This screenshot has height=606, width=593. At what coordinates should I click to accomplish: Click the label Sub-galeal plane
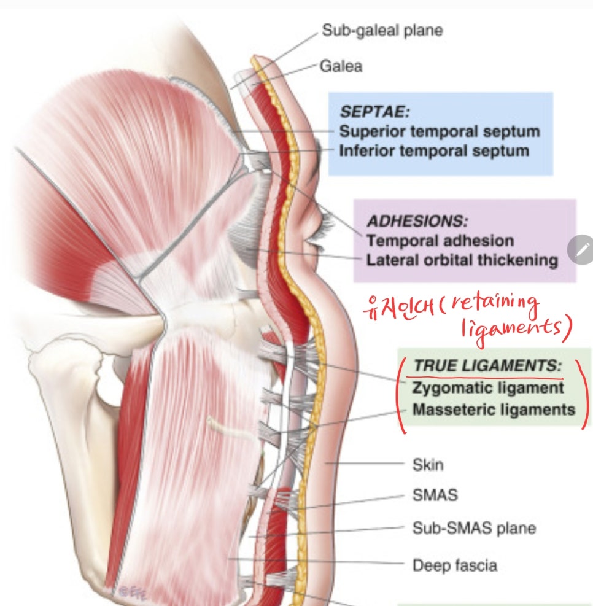(x=382, y=30)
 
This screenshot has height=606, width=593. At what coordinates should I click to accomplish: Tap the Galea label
(x=341, y=66)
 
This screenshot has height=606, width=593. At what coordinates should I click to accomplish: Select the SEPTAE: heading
(x=374, y=112)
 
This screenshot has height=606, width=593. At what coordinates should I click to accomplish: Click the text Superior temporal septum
(x=440, y=131)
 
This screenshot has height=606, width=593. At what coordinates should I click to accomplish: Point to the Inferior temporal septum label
(x=434, y=150)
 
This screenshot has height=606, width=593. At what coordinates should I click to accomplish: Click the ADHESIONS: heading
(x=417, y=222)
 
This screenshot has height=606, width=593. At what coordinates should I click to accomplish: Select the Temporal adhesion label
(x=440, y=241)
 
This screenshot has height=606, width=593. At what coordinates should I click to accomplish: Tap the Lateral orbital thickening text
(x=462, y=260)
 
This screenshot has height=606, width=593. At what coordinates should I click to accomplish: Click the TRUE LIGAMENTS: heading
(x=487, y=365)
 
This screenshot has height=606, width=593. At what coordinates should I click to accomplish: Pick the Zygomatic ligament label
(x=488, y=387)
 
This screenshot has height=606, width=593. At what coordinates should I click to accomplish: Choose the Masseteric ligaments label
(x=494, y=410)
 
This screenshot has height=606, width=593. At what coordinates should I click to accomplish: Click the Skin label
(x=428, y=465)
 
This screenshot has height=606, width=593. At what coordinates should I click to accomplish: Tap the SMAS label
(x=435, y=495)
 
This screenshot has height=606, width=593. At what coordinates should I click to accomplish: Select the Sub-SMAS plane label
(x=474, y=528)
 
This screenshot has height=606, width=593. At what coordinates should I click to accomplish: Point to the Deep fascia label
(x=455, y=565)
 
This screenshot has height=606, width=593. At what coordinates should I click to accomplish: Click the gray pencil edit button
(x=582, y=250)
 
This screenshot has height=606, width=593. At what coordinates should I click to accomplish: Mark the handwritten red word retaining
(x=495, y=304)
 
